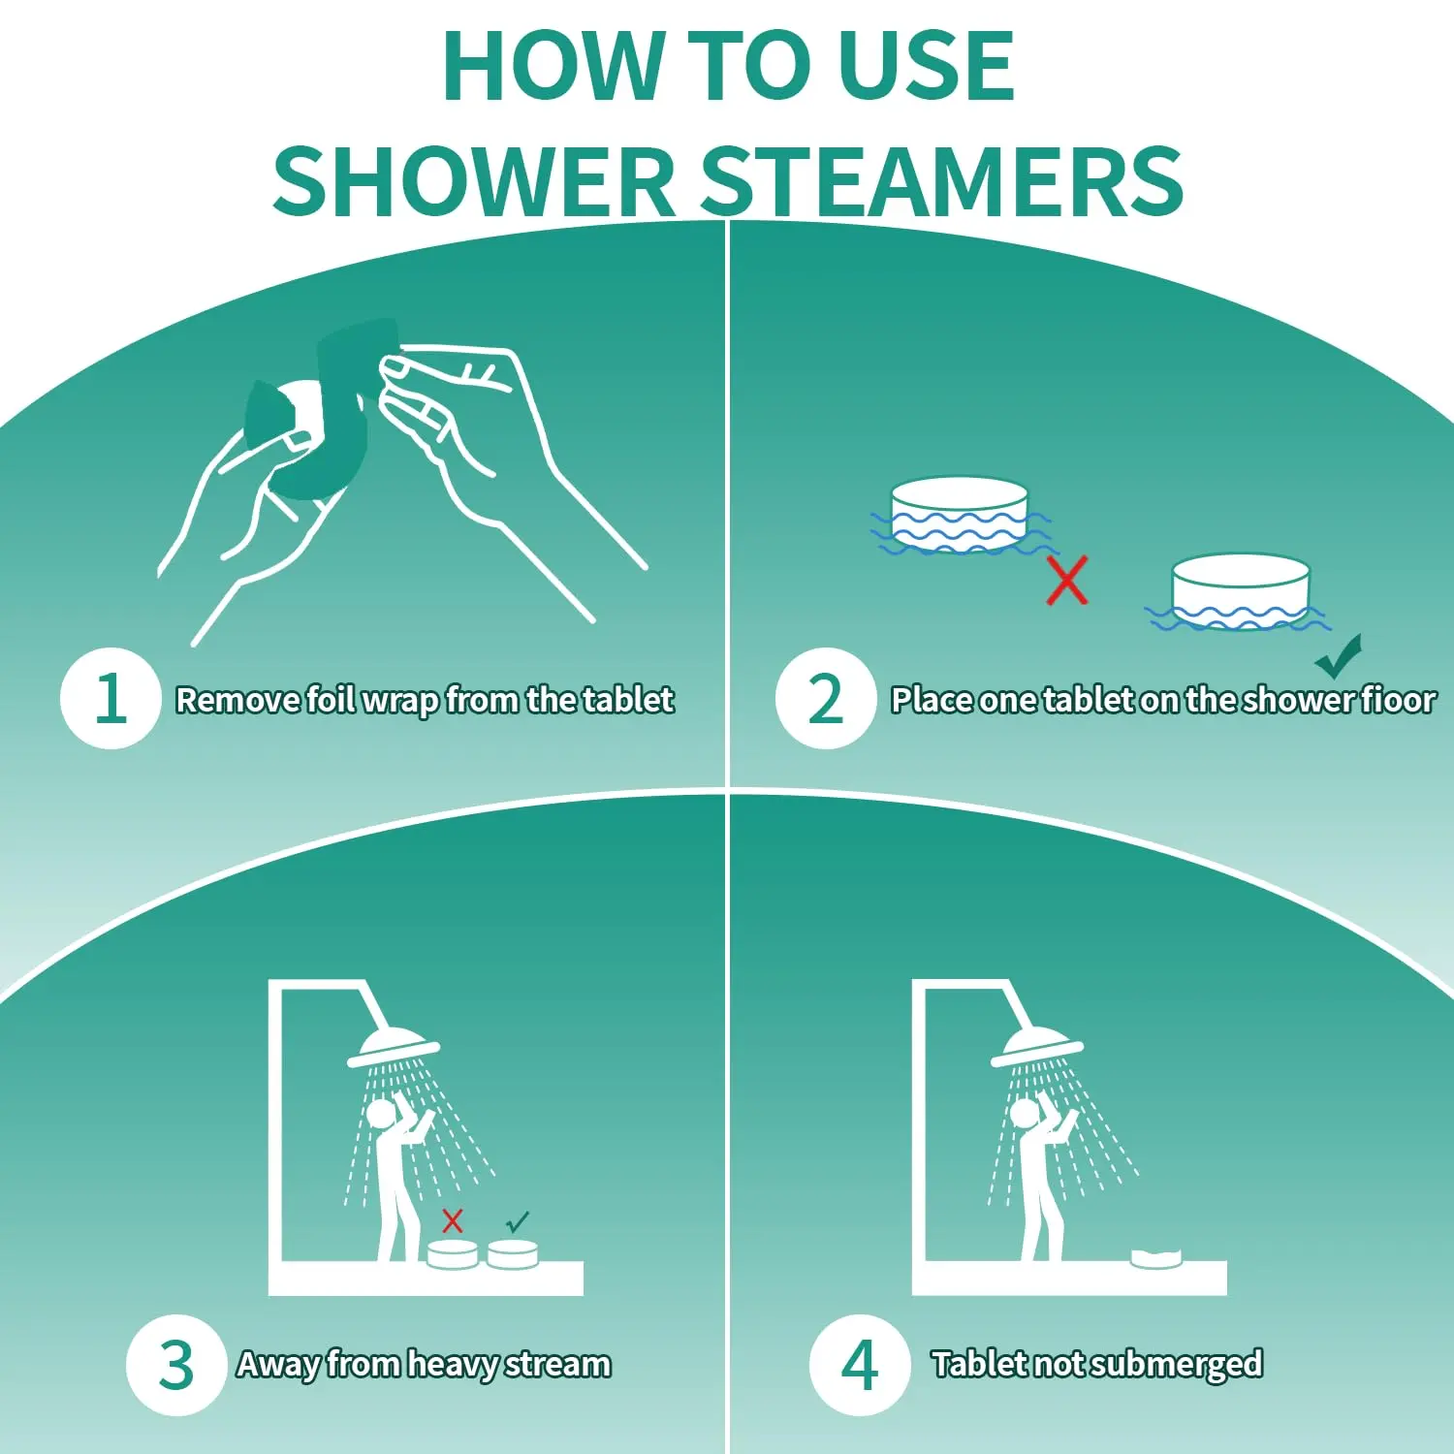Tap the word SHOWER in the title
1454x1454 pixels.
point(473,182)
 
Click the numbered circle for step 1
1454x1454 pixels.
point(111,698)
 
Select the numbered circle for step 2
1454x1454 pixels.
point(826,698)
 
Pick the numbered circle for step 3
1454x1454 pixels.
point(176,1365)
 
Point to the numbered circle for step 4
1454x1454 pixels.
point(860,1365)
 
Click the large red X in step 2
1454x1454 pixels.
point(1067,581)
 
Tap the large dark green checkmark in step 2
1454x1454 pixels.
point(1340,658)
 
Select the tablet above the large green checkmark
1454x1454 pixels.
point(1241,591)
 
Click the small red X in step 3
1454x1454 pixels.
point(453,1220)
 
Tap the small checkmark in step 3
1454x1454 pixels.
point(518,1220)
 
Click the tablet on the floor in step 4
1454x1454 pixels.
point(1156,1257)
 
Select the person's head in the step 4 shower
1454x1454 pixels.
point(1023,1112)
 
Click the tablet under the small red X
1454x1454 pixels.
point(453,1254)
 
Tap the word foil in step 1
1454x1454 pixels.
point(331,700)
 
